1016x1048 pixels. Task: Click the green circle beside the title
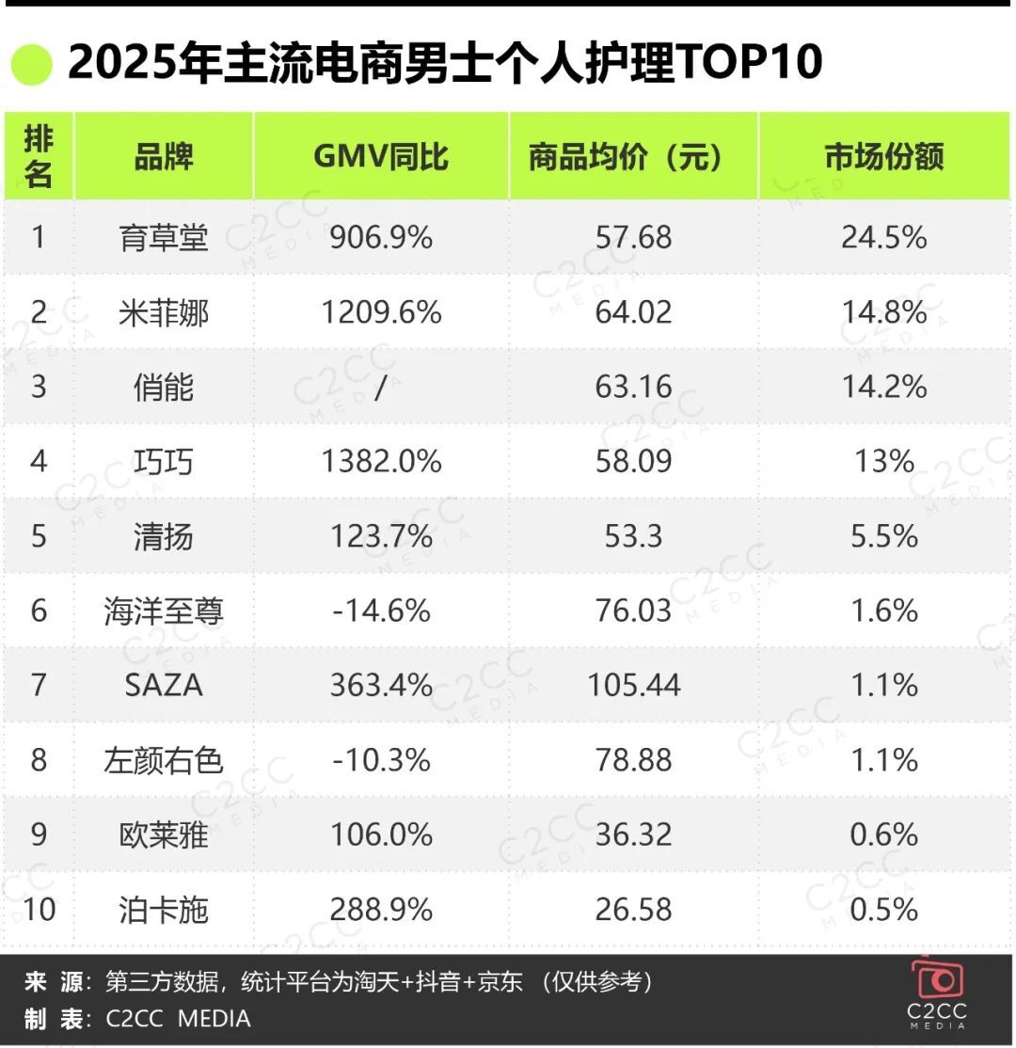click(31, 64)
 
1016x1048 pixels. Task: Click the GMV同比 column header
click(380, 156)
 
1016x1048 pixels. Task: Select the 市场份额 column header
click(883, 156)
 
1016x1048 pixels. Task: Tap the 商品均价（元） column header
click(633, 156)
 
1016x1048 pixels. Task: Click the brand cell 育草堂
click(163, 237)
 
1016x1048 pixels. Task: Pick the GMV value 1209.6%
click(380, 311)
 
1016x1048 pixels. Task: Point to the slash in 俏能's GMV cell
click(380, 387)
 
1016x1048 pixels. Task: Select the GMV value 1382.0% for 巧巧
click(380, 461)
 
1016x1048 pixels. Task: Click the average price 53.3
click(633, 536)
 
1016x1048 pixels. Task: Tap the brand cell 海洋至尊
click(163, 611)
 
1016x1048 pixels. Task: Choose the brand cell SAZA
click(163, 685)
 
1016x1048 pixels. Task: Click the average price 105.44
click(633, 685)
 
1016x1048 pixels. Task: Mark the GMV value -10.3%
click(380, 760)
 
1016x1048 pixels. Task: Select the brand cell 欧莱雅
click(163, 834)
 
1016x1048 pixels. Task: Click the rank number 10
click(38, 910)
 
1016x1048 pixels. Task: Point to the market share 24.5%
click(883, 237)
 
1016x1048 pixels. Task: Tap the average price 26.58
click(633, 910)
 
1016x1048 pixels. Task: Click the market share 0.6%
click(883, 834)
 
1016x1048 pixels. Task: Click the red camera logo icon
click(937, 979)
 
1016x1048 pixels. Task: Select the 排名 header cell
click(38, 156)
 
